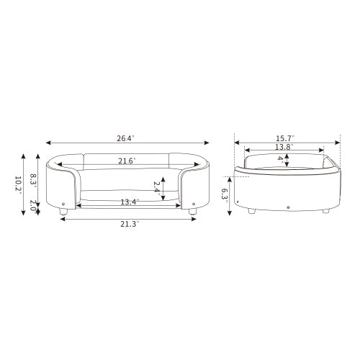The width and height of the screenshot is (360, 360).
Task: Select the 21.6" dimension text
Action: click(x=127, y=161)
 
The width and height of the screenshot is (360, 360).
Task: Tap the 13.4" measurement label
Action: click(x=130, y=202)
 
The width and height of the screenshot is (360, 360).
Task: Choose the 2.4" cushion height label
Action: click(x=157, y=189)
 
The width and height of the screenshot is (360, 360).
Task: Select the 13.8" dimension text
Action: click(x=283, y=147)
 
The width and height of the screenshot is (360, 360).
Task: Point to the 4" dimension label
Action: click(x=281, y=161)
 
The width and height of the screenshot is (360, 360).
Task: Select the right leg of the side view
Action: click(x=327, y=212)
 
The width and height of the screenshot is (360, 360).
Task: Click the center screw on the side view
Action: click(x=288, y=208)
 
